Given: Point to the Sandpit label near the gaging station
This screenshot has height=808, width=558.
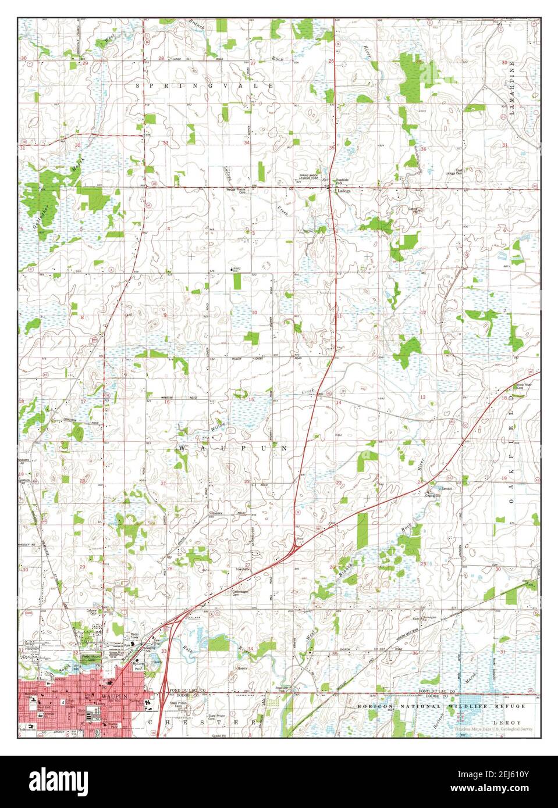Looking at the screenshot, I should [x=446, y=488].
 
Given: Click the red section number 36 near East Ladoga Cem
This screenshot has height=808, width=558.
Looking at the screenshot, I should [x=423, y=149].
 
